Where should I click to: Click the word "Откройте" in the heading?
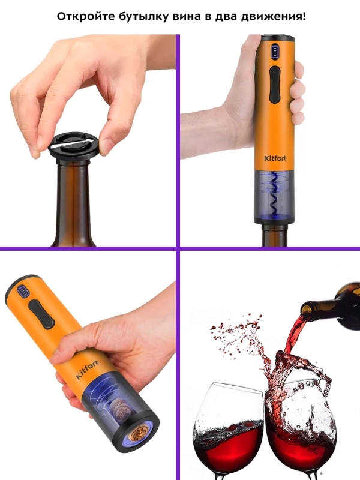coord(82,16)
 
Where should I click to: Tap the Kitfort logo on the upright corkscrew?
coord(275,158)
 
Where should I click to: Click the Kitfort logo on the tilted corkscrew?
coord(88,370)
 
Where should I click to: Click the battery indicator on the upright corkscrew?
coord(274,51)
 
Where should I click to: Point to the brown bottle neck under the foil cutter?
coord(73,203)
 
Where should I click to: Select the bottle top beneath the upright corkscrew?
coord(275,235)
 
